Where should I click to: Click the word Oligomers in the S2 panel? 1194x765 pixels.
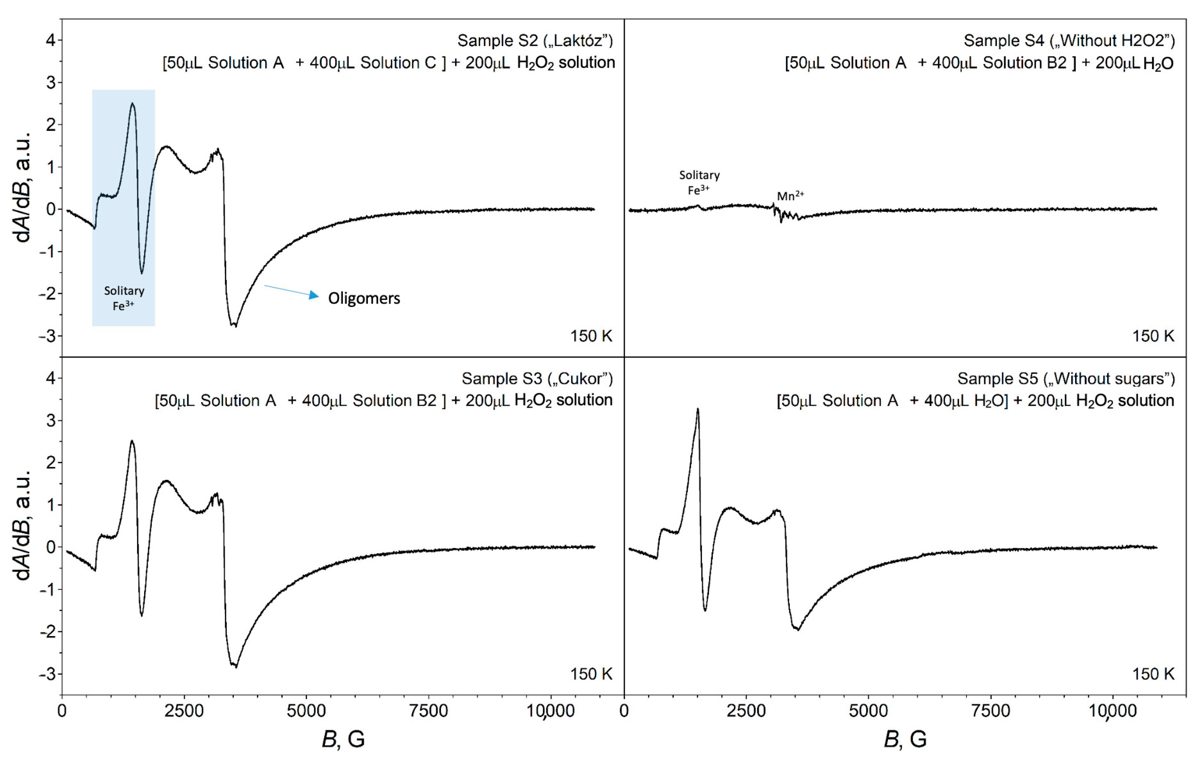(364, 298)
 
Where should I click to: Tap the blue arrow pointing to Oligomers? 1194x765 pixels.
(291, 291)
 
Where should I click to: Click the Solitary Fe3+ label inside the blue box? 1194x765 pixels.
(124, 298)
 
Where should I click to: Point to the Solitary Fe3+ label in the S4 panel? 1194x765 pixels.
(699, 182)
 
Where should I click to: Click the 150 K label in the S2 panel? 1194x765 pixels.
(591, 336)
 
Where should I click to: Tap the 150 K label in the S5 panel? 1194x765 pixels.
(1153, 674)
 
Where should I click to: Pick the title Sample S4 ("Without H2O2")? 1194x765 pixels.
(1069, 41)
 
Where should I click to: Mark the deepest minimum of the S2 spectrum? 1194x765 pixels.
(235, 326)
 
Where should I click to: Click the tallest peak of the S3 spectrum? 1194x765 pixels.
(132, 441)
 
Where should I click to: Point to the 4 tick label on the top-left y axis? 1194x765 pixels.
(51, 40)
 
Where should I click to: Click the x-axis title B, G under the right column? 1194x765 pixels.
(905, 739)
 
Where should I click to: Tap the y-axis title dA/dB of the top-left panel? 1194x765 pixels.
(23, 188)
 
